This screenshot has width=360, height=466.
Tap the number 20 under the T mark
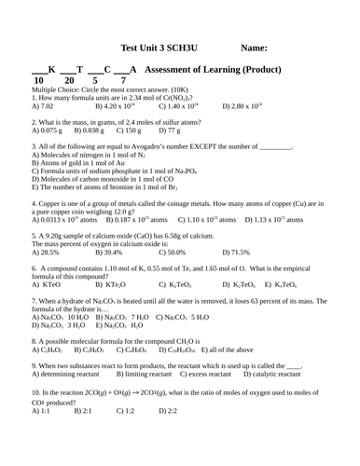coord(68,81)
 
